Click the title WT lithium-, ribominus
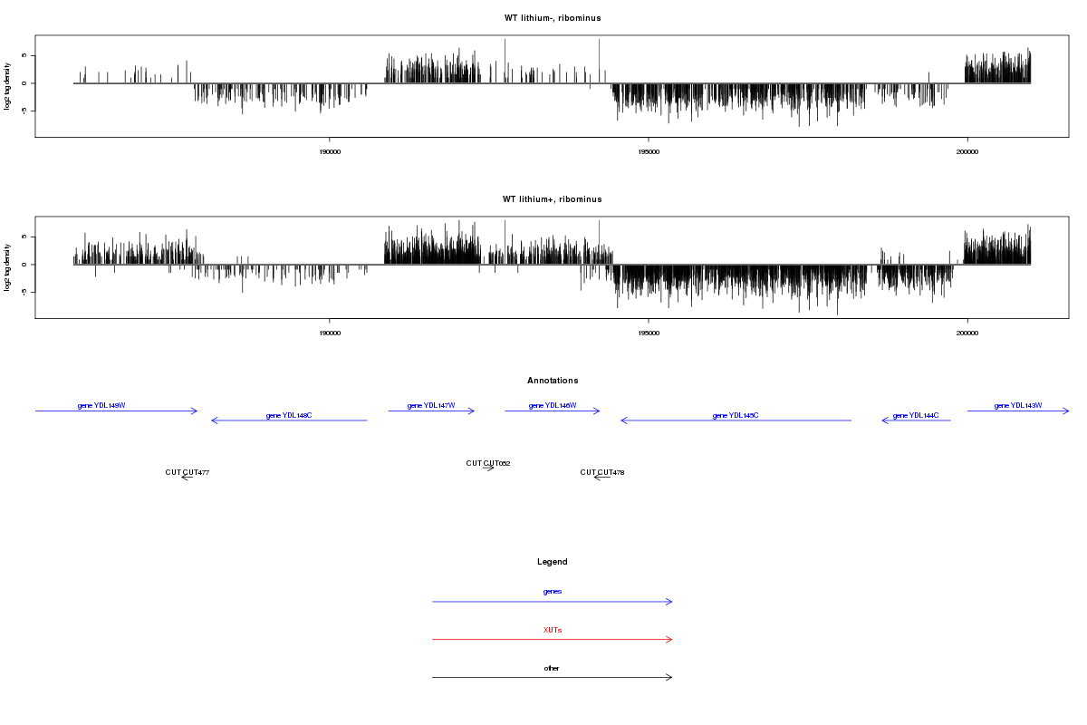553,18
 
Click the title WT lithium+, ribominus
553,198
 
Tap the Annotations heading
553,381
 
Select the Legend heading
553,562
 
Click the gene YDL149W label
101,405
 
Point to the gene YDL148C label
289,416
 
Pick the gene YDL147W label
431,405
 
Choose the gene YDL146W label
553,405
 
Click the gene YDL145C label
736,415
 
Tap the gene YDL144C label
916,415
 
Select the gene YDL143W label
1018,405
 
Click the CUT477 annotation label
188,472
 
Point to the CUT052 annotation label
488,463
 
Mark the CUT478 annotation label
602,472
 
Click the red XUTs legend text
553,629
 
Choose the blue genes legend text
553,591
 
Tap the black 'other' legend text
553,668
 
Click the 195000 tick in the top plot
649,153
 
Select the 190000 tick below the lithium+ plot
330,333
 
